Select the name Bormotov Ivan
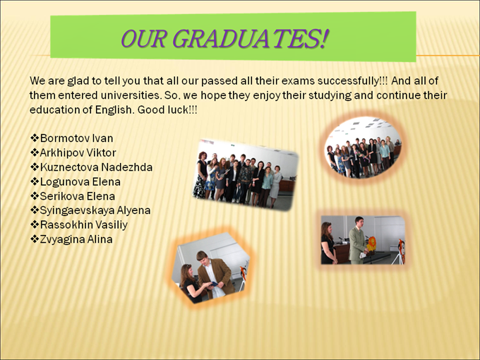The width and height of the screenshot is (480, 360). [76, 138]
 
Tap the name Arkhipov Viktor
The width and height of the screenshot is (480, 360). [78, 152]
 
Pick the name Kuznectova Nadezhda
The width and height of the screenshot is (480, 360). [96, 167]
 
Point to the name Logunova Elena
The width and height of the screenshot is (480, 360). [80, 182]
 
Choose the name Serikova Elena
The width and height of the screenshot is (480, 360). [78, 196]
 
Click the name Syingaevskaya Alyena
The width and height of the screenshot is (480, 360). [95, 210]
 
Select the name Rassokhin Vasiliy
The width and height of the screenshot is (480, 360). [84, 225]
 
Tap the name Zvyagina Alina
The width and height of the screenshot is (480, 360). [76, 239]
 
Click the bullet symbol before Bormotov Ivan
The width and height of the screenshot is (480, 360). [35, 138]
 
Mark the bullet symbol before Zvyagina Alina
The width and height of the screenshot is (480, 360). [35, 239]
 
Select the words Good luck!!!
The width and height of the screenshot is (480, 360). [167, 109]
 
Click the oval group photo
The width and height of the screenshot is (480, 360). [363, 148]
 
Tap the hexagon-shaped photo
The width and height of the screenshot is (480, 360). [211, 268]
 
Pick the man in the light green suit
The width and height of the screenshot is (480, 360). [358, 240]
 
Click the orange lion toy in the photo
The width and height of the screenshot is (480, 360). [371, 244]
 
